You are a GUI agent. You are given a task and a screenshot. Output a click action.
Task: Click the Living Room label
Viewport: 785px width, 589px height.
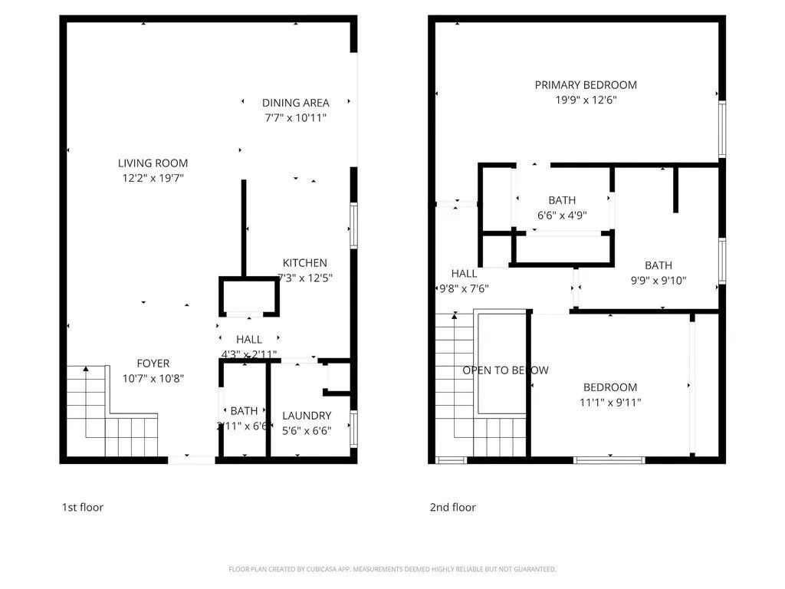pyautogui.click(x=153, y=163)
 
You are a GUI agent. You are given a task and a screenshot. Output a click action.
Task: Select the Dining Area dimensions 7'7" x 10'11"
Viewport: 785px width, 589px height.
pyautogui.click(x=296, y=118)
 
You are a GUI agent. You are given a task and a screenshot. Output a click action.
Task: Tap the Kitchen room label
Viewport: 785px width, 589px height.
pyautogui.click(x=304, y=262)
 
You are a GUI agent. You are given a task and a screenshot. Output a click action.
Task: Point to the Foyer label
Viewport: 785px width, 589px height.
pyautogui.click(x=153, y=363)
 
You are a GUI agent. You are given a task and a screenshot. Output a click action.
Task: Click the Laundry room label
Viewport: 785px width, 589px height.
pyautogui.click(x=306, y=416)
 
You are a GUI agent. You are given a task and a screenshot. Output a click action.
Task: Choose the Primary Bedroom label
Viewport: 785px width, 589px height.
pyautogui.click(x=586, y=84)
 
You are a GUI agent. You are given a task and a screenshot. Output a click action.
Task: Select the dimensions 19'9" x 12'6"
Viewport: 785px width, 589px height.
pyautogui.click(x=586, y=100)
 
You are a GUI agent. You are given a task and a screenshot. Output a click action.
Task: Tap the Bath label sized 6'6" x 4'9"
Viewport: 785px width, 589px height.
pyautogui.click(x=562, y=200)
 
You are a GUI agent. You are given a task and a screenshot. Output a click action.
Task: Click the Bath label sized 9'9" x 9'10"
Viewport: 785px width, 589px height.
pyautogui.click(x=658, y=265)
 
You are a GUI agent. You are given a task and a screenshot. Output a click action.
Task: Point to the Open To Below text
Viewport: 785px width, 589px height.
pyautogui.click(x=505, y=370)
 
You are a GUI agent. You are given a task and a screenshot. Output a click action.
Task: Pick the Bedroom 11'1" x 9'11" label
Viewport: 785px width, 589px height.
pyautogui.click(x=609, y=387)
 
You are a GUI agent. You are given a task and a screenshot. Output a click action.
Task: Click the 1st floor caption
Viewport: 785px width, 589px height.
pyautogui.click(x=82, y=507)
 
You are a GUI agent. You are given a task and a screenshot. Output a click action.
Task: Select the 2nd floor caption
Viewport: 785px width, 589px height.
pyautogui.click(x=452, y=507)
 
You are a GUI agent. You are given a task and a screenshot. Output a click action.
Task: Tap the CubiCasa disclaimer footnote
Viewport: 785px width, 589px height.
pyautogui.click(x=392, y=569)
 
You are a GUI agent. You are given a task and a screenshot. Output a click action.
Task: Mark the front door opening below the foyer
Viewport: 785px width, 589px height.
pyautogui.click(x=192, y=459)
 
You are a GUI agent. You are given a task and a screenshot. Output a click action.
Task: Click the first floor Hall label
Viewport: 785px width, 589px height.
pyautogui.click(x=248, y=339)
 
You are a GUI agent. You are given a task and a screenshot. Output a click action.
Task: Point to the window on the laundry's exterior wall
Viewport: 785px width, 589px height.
pyautogui.click(x=353, y=428)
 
